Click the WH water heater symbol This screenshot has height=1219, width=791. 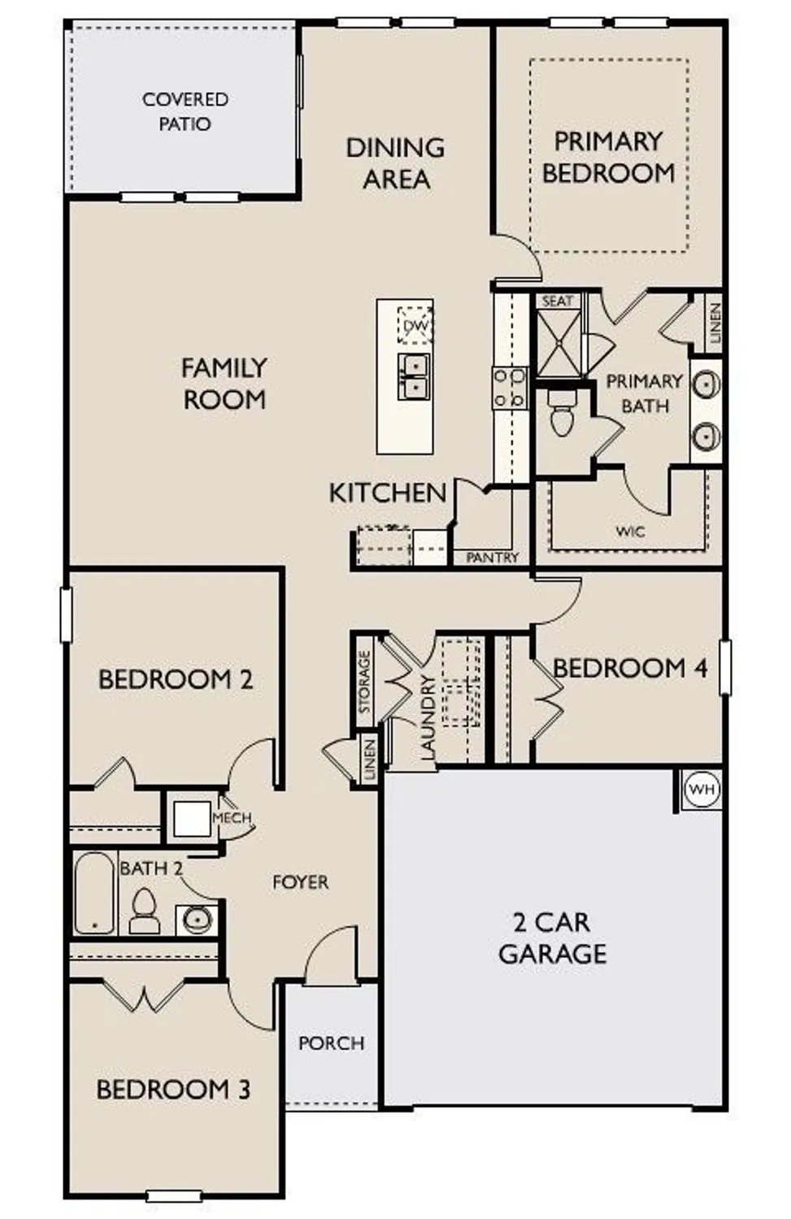(701, 789)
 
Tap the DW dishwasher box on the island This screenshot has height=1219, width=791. (415, 326)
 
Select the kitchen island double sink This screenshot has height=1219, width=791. (414, 376)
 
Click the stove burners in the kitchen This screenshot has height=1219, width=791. (510, 387)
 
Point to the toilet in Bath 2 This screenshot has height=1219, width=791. (145, 910)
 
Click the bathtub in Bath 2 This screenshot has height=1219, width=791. (94, 893)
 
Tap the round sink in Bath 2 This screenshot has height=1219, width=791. (197, 919)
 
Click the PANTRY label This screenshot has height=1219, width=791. (492, 557)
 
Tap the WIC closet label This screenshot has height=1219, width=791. (630, 531)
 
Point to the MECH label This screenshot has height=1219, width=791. (232, 818)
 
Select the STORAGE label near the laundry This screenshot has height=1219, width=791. (364, 681)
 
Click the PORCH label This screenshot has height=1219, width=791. (331, 1043)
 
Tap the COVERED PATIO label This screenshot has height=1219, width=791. (185, 111)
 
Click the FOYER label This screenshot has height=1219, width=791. (300, 882)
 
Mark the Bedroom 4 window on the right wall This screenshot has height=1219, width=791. (724, 667)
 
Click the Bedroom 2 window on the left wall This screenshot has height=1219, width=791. (67, 615)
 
